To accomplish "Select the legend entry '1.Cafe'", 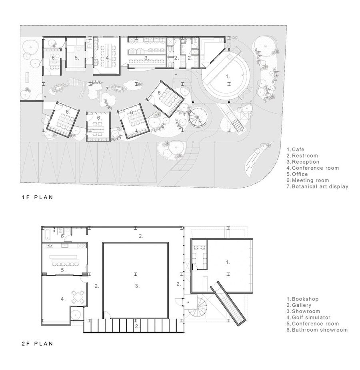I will [295, 150].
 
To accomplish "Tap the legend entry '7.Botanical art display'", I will [317, 186].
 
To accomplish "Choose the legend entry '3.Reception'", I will [303, 162].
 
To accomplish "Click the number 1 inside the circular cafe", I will [228, 76].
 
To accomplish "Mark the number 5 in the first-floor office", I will [77, 58].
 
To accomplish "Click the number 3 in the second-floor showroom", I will [137, 286].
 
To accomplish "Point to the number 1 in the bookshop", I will [228, 263].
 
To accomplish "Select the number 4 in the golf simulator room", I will [62, 298].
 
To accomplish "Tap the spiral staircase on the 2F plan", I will [198, 306].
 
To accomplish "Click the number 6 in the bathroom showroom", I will [62, 236].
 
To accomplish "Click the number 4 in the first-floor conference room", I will [108, 58].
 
